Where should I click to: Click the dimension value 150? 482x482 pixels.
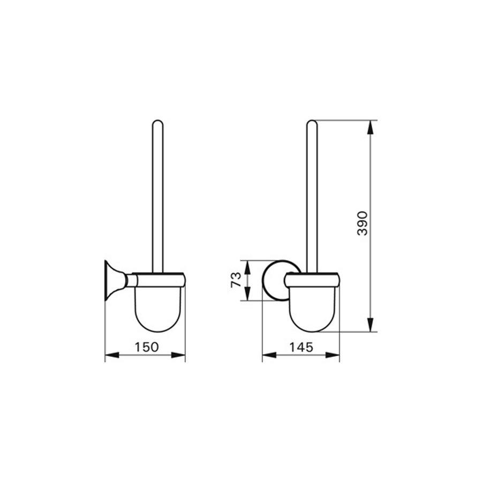(146, 347)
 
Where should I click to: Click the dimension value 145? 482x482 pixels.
(302, 347)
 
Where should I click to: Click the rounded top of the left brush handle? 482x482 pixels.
(157, 124)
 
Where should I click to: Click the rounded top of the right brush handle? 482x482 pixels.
(312, 124)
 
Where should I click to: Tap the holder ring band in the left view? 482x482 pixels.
(157, 280)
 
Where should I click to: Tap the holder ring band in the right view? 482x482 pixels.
(313, 280)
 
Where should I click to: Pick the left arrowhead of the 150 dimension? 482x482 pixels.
(109, 355)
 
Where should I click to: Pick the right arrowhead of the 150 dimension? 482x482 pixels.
(180, 355)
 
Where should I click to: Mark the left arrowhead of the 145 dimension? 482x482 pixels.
(267, 355)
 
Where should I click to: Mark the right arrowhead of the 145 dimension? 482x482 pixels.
(335, 355)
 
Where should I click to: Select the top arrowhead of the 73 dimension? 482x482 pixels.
(247, 265)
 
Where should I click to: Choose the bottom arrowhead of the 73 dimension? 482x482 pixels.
(247, 296)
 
